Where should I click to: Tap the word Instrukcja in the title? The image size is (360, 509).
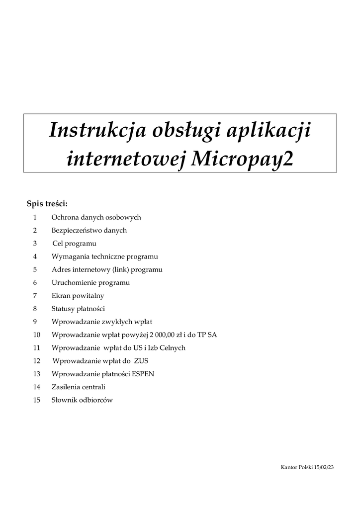[97, 131]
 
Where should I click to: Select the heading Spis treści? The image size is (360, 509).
[47, 204]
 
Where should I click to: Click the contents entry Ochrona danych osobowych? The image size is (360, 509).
[96, 217]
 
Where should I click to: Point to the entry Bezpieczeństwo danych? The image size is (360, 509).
[89, 230]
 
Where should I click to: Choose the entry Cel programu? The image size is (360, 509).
[75, 244]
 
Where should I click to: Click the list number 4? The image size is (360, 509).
[35, 256]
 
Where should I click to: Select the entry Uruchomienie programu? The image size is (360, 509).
[90, 282]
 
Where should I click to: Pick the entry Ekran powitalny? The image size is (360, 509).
[78, 296]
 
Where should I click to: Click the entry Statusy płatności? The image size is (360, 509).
[78, 309]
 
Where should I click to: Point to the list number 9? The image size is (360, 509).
[35, 322]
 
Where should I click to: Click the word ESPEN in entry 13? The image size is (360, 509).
[143, 374]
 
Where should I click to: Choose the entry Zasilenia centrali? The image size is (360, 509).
[79, 387]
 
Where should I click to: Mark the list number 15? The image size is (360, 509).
[36, 400]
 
